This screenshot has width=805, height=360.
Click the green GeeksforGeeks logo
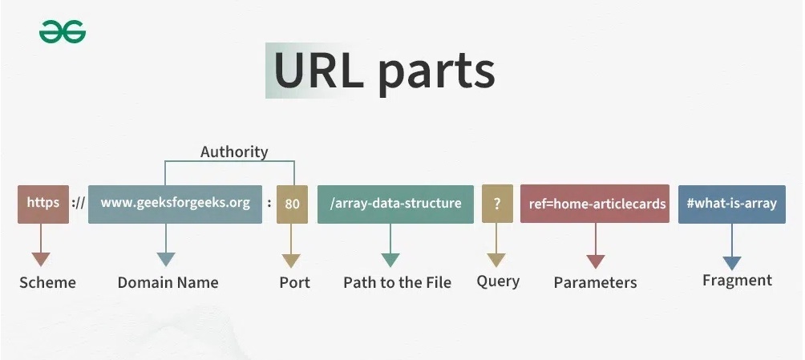click(x=63, y=32)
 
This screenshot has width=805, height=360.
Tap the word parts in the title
click(x=436, y=74)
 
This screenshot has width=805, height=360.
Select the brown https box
click(x=43, y=204)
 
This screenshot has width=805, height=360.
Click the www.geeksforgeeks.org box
click(x=175, y=204)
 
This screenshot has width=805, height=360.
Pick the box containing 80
click(x=292, y=204)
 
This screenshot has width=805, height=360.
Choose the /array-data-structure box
click(x=395, y=204)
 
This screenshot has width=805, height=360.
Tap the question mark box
click(x=497, y=204)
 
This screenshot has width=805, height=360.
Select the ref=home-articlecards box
click(x=595, y=204)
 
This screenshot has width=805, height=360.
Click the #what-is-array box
click(x=731, y=204)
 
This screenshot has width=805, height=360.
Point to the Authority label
click(x=234, y=152)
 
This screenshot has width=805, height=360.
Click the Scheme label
click(x=47, y=282)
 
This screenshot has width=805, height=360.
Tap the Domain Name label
click(x=168, y=282)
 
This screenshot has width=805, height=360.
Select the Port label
click(x=295, y=282)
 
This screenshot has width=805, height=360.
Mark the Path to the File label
click(x=398, y=282)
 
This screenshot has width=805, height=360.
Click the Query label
click(x=498, y=281)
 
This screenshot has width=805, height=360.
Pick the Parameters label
click(x=595, y=282)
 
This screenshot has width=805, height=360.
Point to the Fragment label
click(x=737, y=281)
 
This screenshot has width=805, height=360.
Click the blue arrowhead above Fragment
click(x=731, y=263)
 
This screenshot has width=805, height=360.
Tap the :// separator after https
click(x=78, y=204)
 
